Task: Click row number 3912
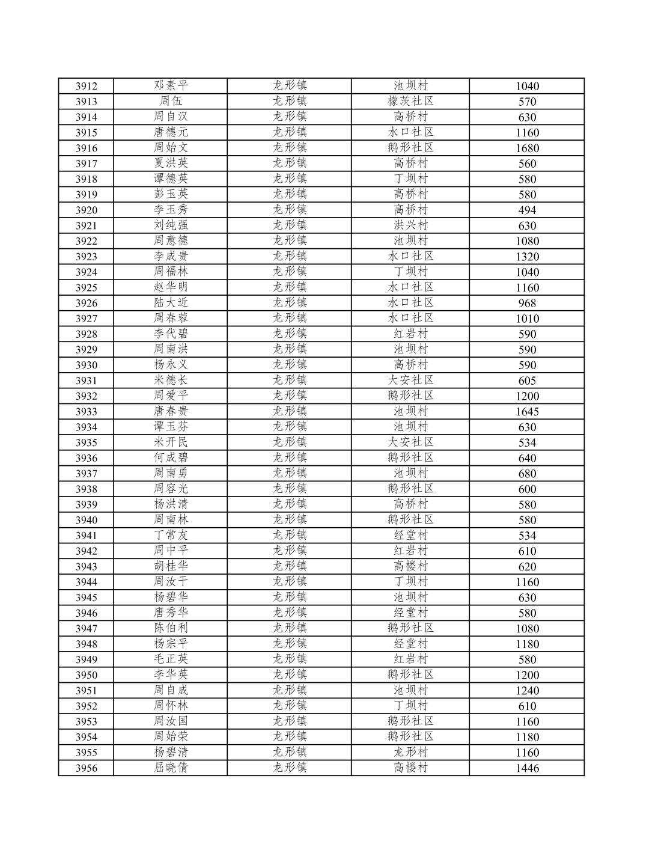[86, 86]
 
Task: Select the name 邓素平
[171, 85]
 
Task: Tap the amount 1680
[527, 148]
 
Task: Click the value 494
[527, 210]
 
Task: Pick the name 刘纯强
[171, 225]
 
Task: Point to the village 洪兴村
[410, 225]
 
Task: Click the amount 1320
[527, 257]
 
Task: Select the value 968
[527, 303]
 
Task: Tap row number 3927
[86, 319]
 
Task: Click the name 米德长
[171, 380]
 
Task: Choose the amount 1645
[527, 412]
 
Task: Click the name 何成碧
[171, 457]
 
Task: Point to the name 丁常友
[171, 535]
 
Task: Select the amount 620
[527, 566]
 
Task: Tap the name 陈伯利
[171, 628]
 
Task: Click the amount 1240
[527, 691]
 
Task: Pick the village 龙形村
[410, 752]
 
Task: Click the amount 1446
[527, 768]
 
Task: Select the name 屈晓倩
[171, 768]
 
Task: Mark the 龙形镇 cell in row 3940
[290, 519]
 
